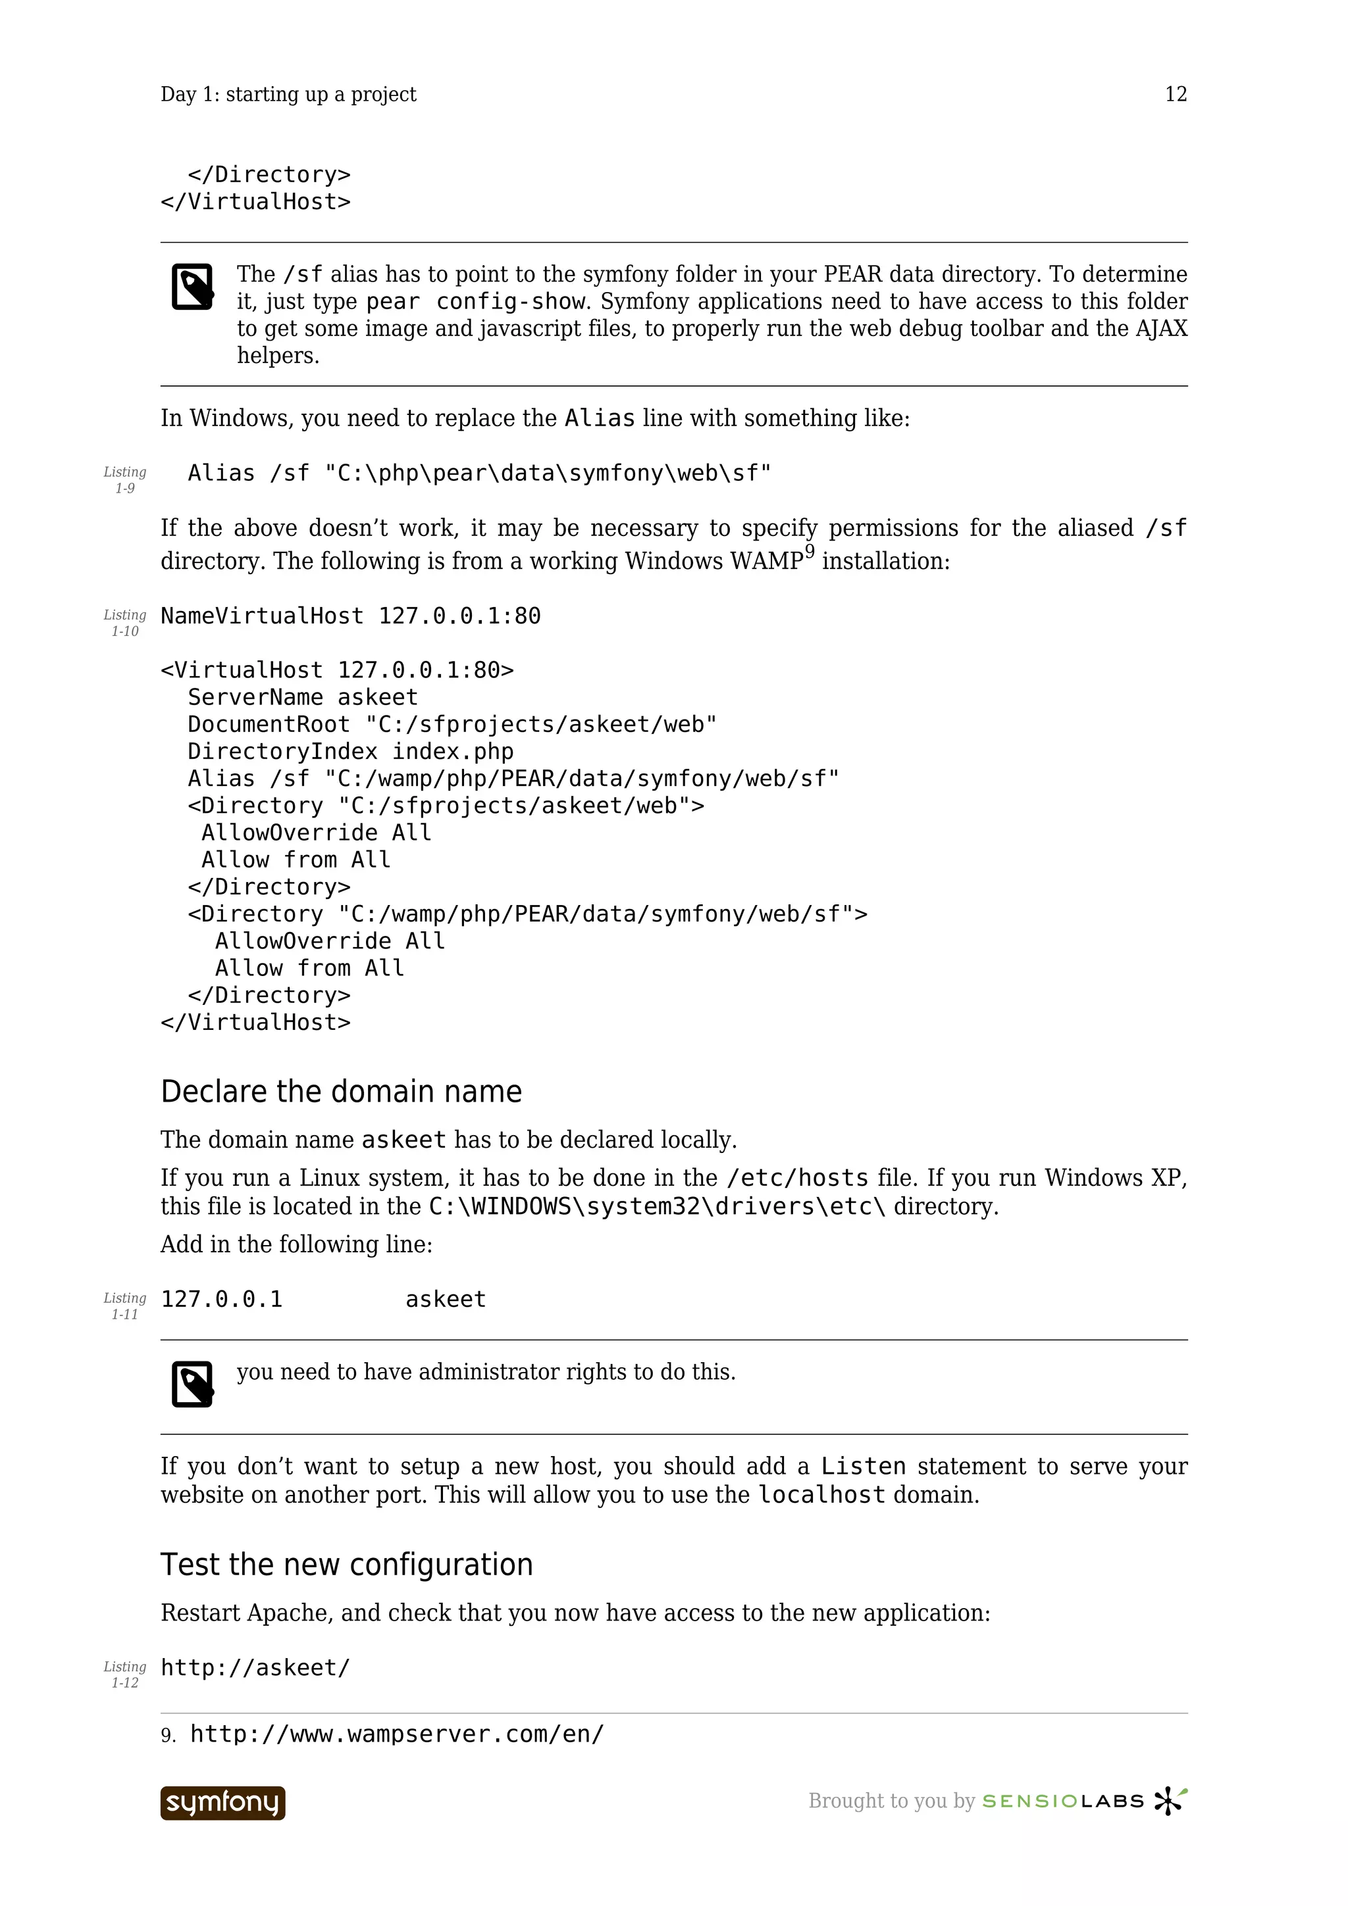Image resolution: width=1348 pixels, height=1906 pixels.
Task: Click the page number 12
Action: [1176, 95]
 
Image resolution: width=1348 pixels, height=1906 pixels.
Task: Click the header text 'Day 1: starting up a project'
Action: [288, 95]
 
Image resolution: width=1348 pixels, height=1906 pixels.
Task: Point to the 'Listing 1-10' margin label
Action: [124, 623]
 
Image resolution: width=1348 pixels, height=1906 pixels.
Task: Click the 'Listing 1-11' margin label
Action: [124, 1306]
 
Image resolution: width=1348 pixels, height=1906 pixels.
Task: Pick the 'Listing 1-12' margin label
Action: [124, 1674]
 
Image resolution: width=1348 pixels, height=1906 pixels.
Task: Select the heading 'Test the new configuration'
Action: [346, 1565]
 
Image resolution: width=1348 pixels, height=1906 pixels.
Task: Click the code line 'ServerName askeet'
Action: [302, 697]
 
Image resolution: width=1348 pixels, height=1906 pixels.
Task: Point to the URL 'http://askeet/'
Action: [255, 1668]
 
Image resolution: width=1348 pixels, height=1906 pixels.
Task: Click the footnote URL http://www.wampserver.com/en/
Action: [397, 1734]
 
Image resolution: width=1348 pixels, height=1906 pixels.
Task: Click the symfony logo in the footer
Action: [222, 1803]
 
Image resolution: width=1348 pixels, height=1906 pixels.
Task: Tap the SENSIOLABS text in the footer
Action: [1063, 1801]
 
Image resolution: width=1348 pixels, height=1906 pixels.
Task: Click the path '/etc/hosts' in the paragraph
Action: [796, 1178]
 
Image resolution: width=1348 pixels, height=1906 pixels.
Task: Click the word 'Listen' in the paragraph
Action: [863, 1467]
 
